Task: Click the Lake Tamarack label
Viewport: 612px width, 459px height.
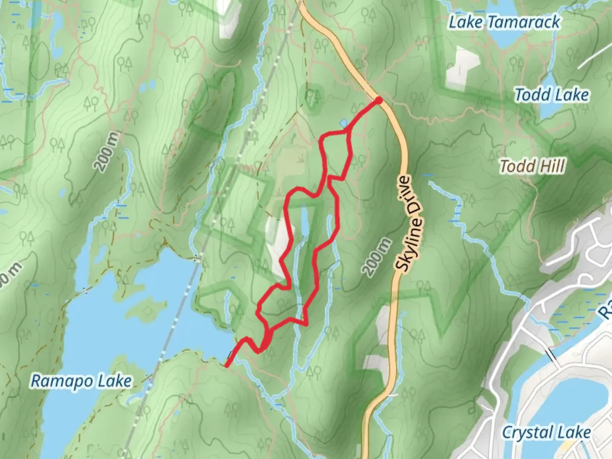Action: pos(504,22)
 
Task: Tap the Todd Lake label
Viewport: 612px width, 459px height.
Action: pos(552,95)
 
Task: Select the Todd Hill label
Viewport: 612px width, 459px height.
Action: pos(532,166)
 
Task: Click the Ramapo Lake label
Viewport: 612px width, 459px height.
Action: pos(81,381)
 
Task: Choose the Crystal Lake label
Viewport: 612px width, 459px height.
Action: pos(546,433)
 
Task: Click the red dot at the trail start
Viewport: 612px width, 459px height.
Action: pos(378,100)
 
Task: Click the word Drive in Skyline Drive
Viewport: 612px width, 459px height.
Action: pos(411,200)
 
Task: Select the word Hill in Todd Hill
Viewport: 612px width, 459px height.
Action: pos(552,166)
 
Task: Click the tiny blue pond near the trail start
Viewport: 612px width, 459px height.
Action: pos(343,123)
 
